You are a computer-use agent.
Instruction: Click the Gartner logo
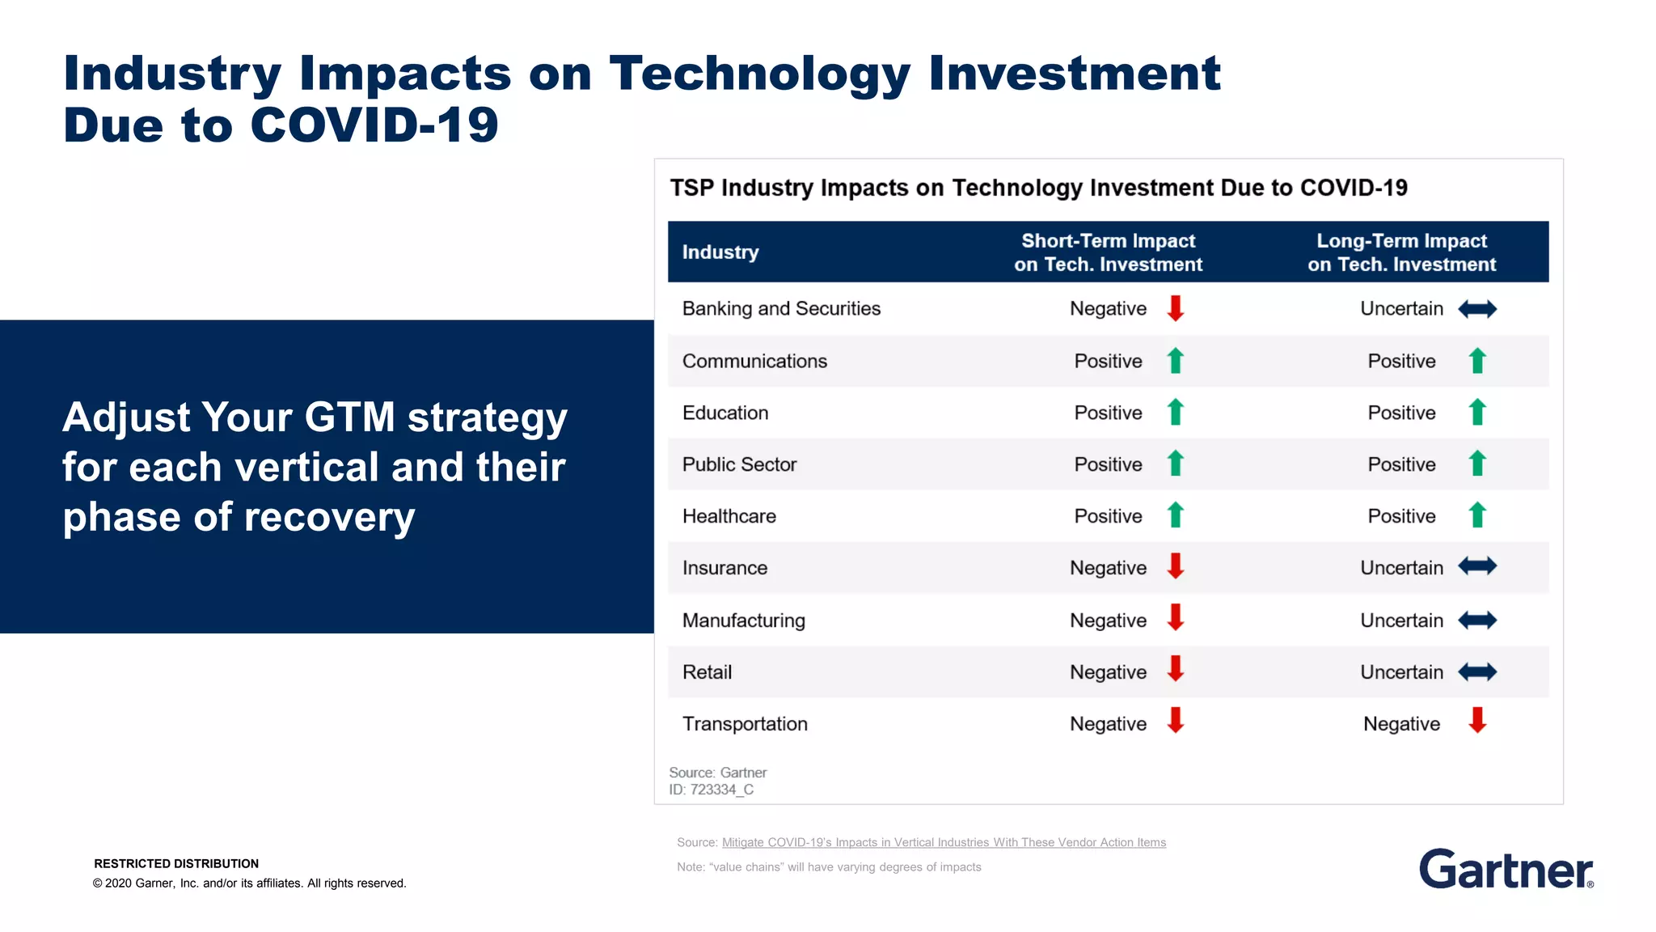1506,869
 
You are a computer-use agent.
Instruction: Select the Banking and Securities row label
781,308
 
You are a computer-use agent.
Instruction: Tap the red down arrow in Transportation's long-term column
1477,720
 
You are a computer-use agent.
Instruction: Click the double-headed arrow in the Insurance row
1477,566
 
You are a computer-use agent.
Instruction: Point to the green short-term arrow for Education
1176,412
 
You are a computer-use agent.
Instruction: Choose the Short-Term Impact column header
1108,252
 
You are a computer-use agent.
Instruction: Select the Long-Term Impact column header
1401,252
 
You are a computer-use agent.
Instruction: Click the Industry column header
720,252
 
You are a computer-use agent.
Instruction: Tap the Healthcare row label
729,516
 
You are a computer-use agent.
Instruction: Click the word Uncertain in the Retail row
1401,672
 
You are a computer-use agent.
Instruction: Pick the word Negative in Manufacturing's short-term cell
1108,621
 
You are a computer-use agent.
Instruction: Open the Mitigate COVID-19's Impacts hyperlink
944,842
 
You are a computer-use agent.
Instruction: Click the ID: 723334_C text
711,790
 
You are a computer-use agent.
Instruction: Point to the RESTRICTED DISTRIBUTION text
176,863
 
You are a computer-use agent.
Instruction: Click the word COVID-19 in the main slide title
374,125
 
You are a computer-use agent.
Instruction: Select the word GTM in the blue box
349,417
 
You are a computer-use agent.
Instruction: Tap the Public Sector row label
739,464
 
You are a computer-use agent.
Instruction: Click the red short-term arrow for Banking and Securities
1176,308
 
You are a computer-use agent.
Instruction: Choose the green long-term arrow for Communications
1477,361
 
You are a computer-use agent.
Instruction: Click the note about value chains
829,866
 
